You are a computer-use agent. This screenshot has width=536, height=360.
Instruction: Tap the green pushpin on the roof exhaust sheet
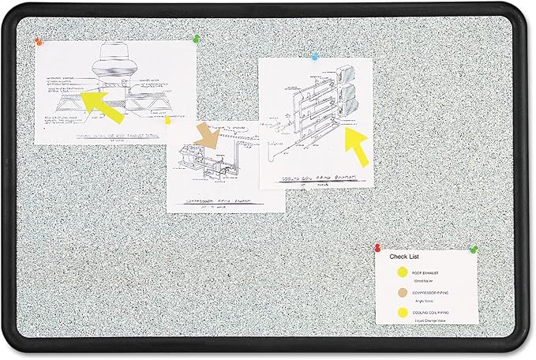(x=193, y=36)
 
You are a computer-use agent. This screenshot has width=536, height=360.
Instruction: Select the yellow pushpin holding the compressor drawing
(x=167, y=120)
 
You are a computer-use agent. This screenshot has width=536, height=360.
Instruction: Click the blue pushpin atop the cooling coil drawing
(x=315, y=57)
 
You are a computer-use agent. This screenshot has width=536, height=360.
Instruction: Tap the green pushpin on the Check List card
(x=474, y=249)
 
